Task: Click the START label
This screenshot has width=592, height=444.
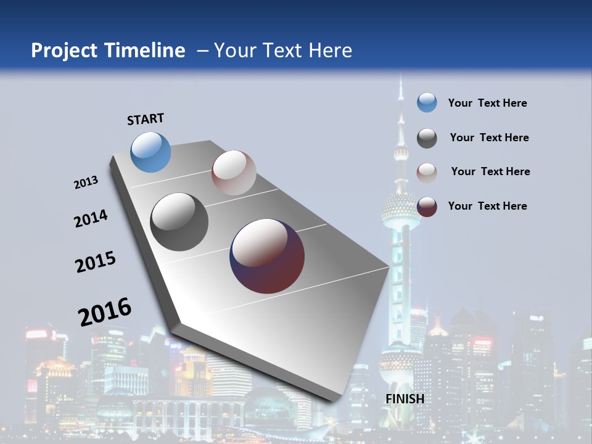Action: (146, 119)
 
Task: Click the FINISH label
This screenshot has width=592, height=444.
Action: (405, 399)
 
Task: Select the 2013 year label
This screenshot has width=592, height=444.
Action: (86, 183)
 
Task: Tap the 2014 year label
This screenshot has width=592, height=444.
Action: (91, 218)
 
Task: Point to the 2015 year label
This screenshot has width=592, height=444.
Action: (96, 262)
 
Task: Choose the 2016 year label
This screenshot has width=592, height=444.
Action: (105, 311)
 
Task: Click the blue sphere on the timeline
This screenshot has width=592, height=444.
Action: (151, 152)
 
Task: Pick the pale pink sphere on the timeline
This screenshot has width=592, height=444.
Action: (234, 173)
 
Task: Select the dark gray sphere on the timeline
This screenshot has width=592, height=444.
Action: (179, 222)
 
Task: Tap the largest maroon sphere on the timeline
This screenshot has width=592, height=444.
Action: (267, 256)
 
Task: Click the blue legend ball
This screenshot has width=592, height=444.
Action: (427, 102)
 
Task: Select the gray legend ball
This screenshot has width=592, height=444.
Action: (427, 138)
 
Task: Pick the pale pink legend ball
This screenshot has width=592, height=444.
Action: (427, 173)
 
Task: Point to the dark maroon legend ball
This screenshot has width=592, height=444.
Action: (427, 207)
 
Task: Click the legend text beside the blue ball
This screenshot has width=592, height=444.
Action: (487, 103)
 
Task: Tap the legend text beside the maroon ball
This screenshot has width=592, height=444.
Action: (487, 206)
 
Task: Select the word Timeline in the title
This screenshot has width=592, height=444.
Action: (146, 51)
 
